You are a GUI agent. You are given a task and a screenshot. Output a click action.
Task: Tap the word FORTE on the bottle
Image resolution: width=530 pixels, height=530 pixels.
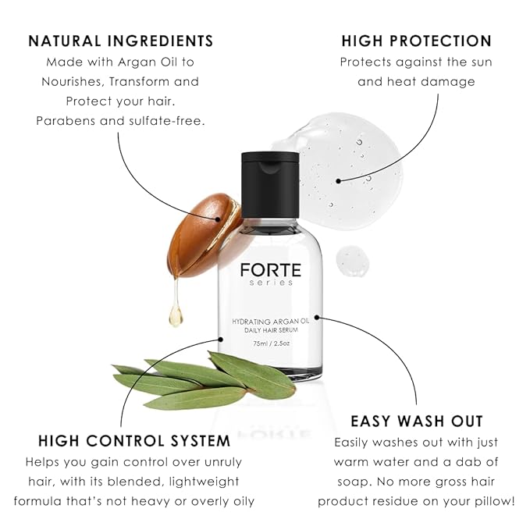(270, 271)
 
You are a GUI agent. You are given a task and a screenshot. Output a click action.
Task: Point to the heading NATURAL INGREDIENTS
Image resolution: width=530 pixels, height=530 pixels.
(121, 41)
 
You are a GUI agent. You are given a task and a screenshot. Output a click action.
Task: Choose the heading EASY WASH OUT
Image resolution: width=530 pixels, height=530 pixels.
(417, 421)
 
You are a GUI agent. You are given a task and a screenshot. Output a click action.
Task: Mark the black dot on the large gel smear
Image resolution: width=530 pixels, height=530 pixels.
(338, 180)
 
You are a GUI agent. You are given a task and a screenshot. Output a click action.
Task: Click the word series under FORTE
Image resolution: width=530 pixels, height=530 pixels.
(270, 283)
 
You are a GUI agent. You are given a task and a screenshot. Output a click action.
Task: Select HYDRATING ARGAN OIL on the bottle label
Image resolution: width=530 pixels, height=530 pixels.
(270, 321)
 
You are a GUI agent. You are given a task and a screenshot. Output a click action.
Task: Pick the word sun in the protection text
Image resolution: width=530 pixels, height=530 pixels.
(482, 62)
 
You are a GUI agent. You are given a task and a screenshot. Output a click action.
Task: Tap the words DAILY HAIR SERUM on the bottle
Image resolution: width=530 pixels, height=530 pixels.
(270, 330)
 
